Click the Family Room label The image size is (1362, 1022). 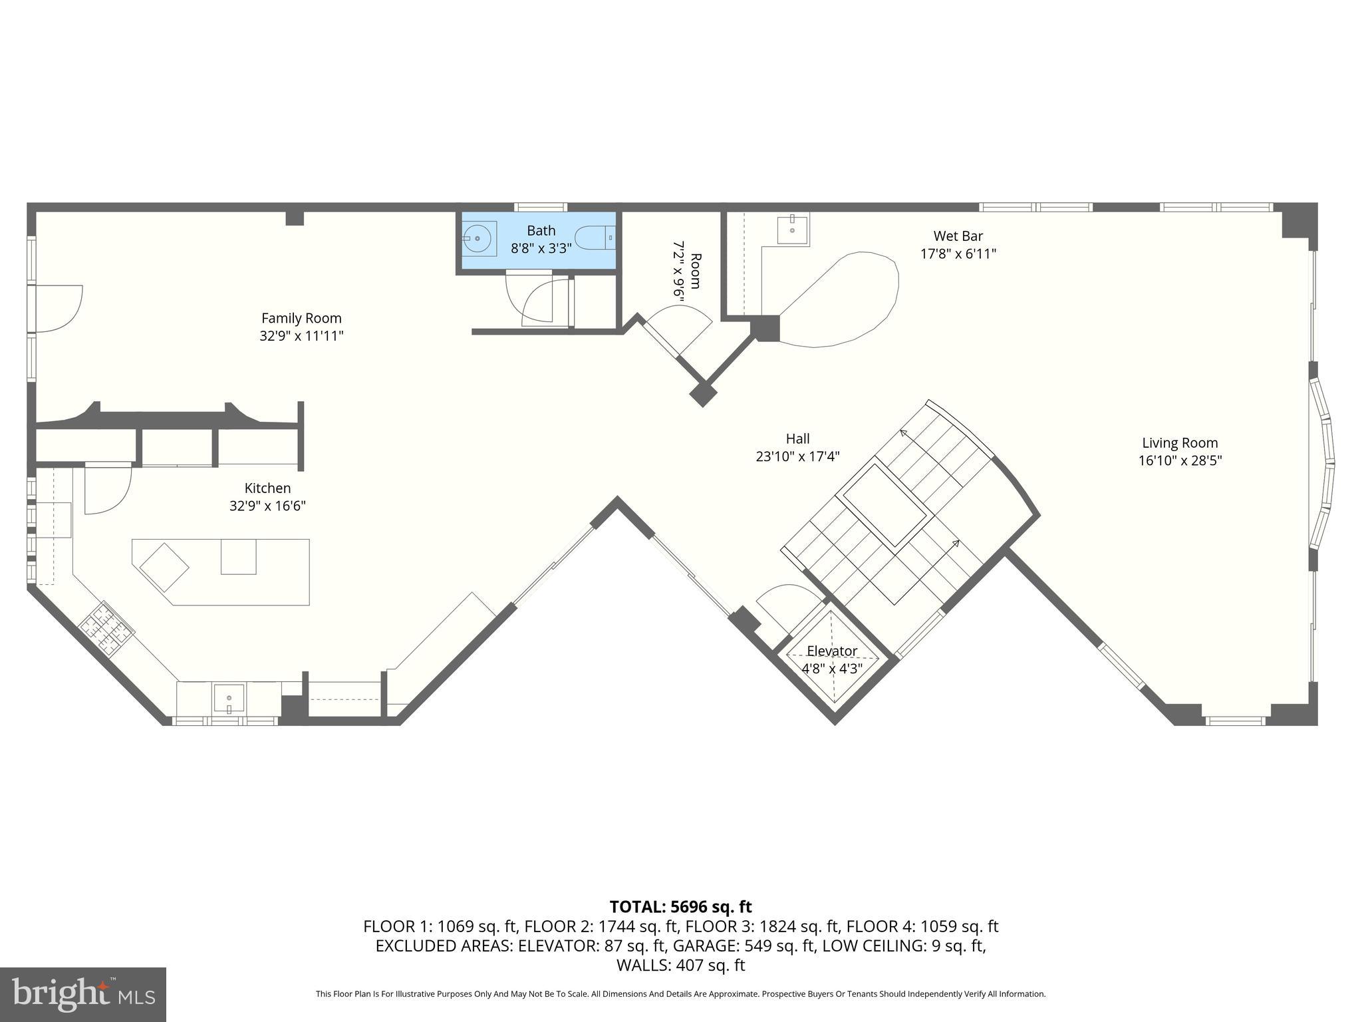pos(301,318)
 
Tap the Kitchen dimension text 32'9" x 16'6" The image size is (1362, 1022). pos(267,506)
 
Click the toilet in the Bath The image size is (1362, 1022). pos(596,238)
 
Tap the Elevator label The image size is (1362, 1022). pos(831,651)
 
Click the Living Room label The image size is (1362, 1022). pos(1180,442)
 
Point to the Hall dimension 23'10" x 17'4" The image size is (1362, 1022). pos(797,456)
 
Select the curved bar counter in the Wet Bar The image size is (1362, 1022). pos(845,299)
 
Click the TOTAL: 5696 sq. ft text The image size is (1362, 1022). pos(680,906)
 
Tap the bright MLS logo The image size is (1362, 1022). pos(82,994)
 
